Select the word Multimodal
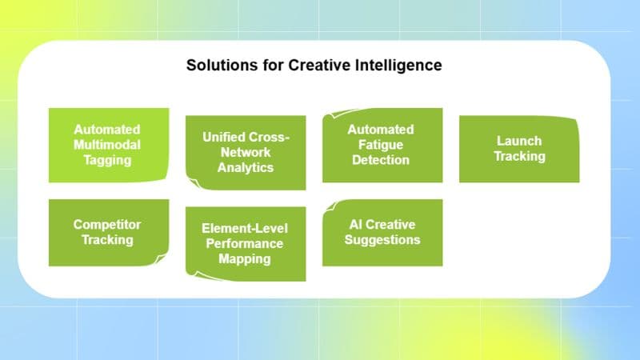(107, 144)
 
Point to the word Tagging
(107, 159)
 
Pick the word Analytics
(246, 167)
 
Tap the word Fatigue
(381, 144)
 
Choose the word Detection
(381, 159)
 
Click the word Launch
(518, 141)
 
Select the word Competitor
(107, 225)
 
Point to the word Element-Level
(246, 228)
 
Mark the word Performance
(246, 243)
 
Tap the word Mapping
(246, 258)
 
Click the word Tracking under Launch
(518, 156)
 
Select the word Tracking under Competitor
(107, 240)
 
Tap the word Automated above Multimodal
(107, 129)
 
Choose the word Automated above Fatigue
(381, 129)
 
